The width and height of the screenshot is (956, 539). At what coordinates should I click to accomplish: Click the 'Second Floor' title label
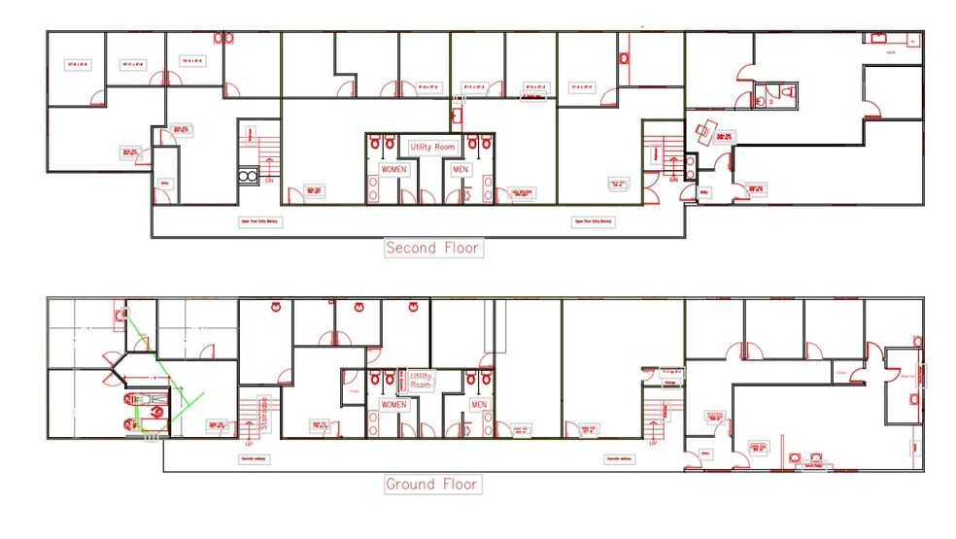pos(433,248)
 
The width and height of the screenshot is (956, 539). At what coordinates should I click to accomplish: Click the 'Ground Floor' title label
pos(432,484)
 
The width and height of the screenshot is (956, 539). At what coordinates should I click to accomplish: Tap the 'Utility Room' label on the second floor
pos(432,147)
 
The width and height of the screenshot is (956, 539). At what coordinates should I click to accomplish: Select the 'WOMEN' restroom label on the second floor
pos(393,169)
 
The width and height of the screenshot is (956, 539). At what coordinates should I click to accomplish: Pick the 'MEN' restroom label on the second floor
pos(460,169)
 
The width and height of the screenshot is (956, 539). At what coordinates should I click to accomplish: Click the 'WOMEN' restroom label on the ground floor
pos(393,404)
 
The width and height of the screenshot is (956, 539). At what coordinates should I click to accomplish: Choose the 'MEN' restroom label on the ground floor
pos(479,404)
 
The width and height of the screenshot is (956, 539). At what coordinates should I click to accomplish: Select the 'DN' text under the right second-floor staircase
pos(673,181)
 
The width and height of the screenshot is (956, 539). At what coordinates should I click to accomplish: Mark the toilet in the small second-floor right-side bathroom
pos(787,94)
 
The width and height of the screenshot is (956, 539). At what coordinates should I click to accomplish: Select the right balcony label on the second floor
pos(594,221)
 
